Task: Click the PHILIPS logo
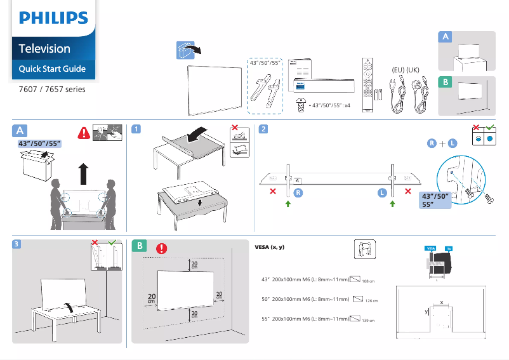tap(53, 18)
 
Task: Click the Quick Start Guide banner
tap(52, 69)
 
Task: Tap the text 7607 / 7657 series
tap(51, 89)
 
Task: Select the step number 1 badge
tap(136, 129)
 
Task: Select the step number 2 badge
tap(263, 129)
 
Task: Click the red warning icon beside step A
tap(83, 133)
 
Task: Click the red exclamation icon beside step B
tap(161, 248)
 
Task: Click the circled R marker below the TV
tap(298, 192)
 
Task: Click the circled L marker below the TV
tap(383, 192)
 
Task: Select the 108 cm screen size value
tap(368, 282)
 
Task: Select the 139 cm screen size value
tap(369, 321)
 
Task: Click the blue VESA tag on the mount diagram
tap(430, 248)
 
